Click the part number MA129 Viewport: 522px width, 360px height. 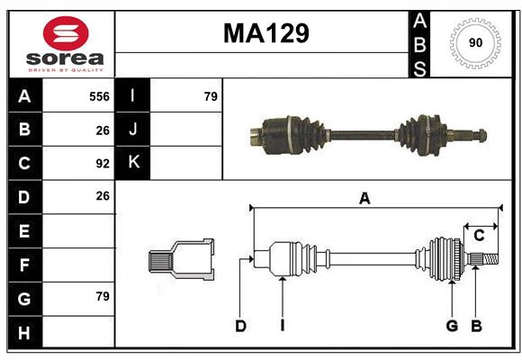click(x=265, y=33)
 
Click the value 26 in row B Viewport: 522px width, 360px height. click(x=103, y=130)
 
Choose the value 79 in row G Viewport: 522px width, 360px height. click(x=103, y=296)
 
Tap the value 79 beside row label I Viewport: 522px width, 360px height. click(x=211, y=96)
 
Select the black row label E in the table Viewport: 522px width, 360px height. click(x=24, y=231)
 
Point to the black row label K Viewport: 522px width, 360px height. click(x=133, y=163)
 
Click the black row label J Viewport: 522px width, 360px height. click(x=133, y=130)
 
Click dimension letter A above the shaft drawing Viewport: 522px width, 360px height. click(x=364, y=199)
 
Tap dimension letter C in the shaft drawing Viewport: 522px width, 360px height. click(x=479, y=236)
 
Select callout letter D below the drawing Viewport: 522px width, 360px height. click(x=240, y=326)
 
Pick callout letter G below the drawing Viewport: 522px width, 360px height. click(x=452, y=326)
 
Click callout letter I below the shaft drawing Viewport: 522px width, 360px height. click(x=282, y=326)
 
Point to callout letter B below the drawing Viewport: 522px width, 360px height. click(x=476, y=326)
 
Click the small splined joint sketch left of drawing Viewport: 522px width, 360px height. click(x=181, y=259)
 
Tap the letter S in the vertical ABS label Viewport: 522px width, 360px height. click(x=419, y=67)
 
